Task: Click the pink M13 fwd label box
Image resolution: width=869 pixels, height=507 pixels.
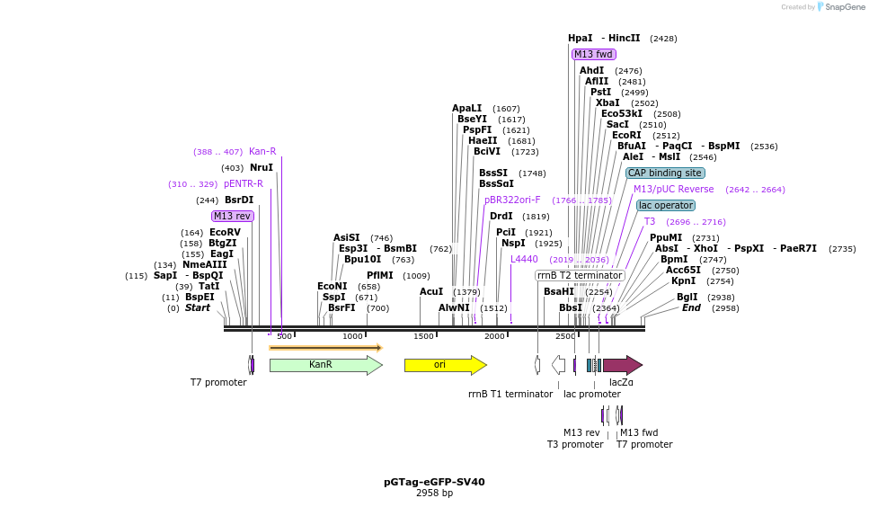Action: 594,54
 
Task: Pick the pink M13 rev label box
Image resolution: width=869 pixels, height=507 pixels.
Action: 233,216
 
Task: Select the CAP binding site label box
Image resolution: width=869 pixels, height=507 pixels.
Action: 665,173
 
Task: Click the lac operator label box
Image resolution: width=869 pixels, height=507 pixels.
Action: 666,205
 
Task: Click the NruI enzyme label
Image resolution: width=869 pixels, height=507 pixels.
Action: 262,167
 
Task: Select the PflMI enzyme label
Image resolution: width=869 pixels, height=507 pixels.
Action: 379,275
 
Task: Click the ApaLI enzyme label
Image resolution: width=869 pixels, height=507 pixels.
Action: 467,108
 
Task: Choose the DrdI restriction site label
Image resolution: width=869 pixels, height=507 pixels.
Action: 501,216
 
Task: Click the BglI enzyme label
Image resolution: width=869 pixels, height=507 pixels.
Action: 687,297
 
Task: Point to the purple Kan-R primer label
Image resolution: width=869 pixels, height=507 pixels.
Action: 262,151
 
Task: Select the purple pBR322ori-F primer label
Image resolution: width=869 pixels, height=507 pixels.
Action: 512,200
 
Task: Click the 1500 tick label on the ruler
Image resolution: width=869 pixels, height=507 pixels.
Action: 423,336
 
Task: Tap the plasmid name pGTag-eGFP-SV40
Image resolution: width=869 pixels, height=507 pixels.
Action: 434,482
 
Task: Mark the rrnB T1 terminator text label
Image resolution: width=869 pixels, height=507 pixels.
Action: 510,394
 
